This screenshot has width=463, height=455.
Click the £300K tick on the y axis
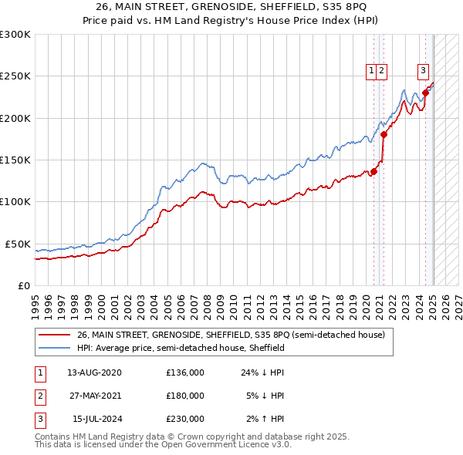pos(15,35)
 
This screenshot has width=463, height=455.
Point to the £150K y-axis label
pos(15,160)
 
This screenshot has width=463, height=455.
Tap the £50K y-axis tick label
pos(18,244)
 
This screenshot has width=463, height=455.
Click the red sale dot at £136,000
pos(373,171)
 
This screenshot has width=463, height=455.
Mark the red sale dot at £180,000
pos(384,134)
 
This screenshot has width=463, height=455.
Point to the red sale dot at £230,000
pos(425,93)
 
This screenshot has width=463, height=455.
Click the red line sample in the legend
pos(54,335)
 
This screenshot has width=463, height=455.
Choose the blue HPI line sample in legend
pos(54,348)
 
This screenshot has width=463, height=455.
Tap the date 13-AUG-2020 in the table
pos(95,372)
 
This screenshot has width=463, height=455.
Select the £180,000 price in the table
pos(185,396)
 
